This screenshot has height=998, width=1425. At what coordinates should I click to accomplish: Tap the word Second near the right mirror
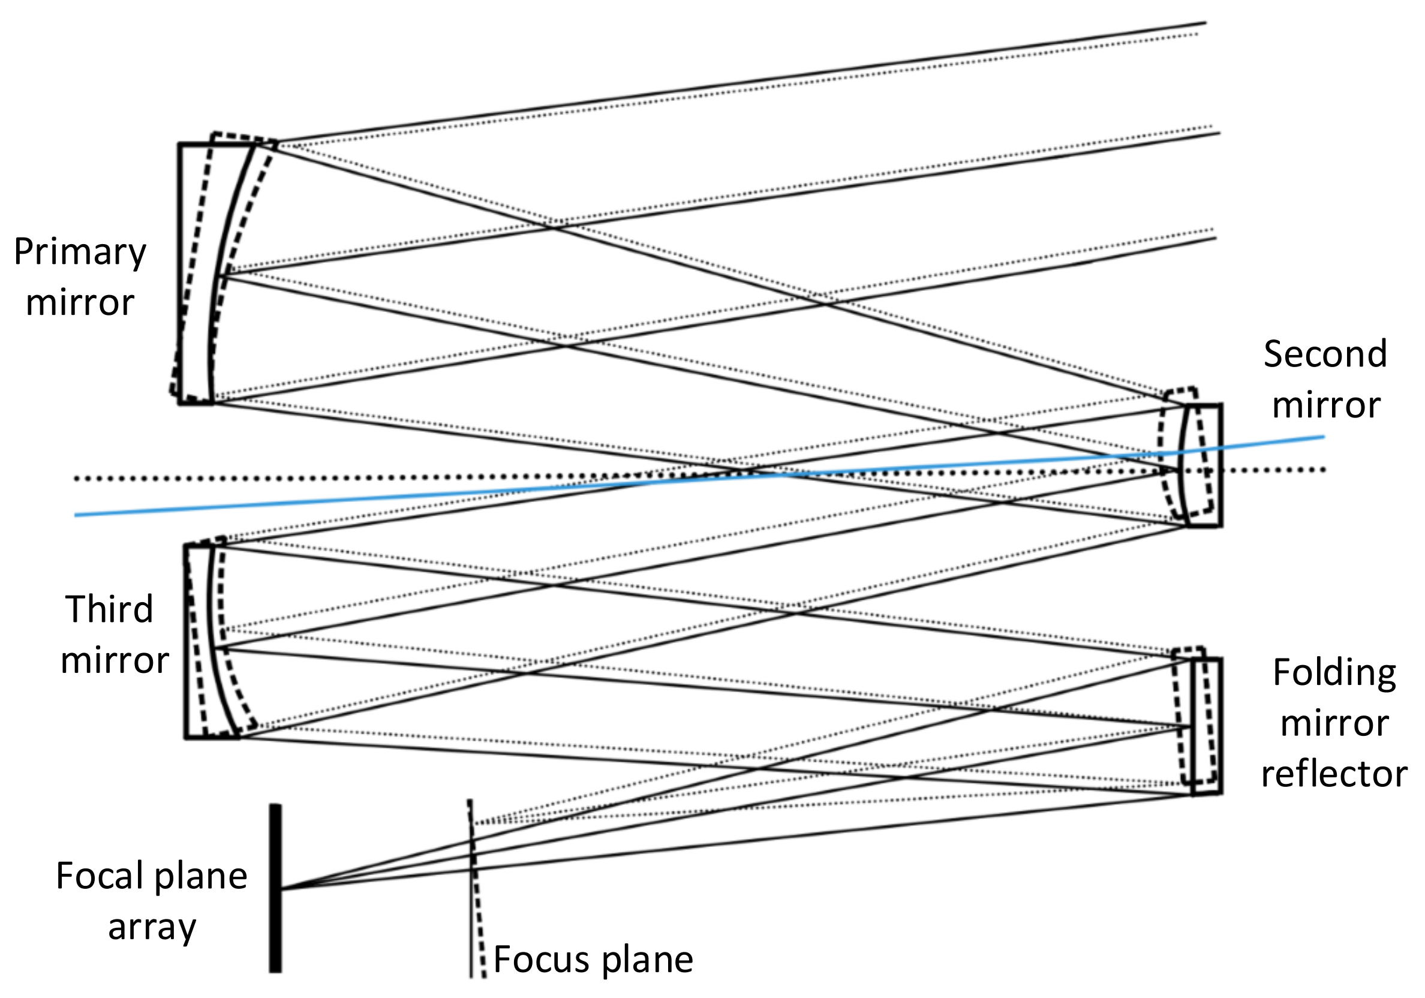point(1324,354)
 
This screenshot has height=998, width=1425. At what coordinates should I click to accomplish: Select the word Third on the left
point(109,609)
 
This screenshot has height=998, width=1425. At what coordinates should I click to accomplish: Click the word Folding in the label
point(1334,672)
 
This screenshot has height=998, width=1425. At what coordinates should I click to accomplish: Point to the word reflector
point(1334,774)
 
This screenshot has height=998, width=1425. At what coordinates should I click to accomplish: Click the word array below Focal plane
point(152,927)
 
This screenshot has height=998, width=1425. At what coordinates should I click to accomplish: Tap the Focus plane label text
point(593,960)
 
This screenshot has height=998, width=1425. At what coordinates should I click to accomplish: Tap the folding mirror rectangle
point(1207,726)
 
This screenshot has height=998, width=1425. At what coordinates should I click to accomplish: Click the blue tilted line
point(372,500)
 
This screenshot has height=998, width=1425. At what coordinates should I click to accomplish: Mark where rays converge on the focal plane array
point(282,889)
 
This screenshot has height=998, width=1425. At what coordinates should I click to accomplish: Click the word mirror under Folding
point(1334,724)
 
